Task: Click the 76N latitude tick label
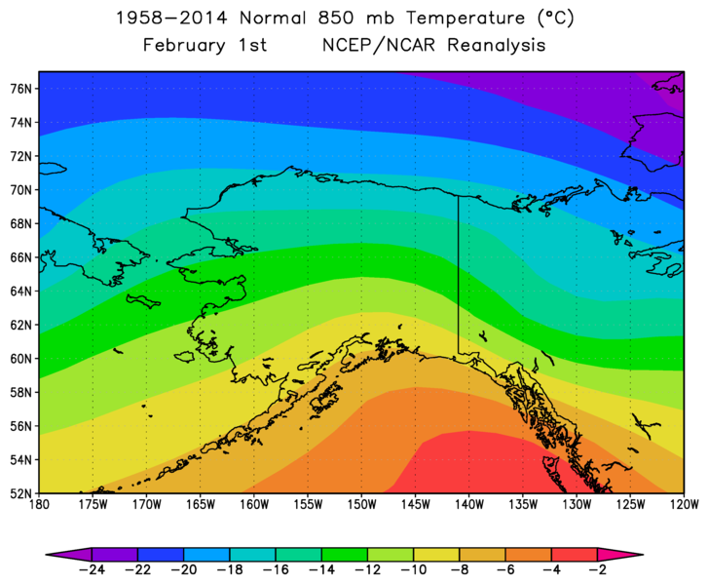[21, 88]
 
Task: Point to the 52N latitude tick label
[21, 493]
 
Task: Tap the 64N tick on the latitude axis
[21, 291]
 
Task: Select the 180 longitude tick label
[39, 505]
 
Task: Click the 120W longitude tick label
[684, 505]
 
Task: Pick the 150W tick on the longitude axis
[360, 505]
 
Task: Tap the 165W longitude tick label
[200, 505]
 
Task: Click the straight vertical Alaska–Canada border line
[459, 273]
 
